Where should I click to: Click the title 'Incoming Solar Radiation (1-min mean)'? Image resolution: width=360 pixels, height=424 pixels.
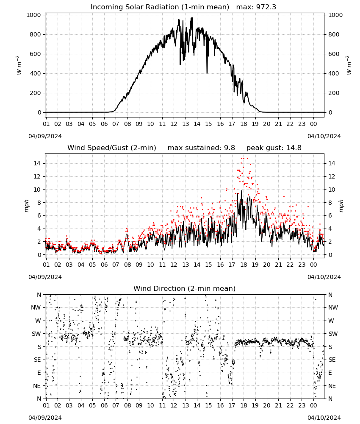point(160,7)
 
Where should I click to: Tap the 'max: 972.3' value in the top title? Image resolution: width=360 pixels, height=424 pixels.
point(256,7)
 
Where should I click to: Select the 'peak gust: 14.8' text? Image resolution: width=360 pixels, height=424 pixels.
point(274,148)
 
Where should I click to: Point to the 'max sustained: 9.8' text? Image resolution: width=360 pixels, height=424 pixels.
point(201,148)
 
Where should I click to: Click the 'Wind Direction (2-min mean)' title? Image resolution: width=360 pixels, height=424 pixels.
point(185,288)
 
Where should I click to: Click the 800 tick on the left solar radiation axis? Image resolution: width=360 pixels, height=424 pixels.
point(36,34)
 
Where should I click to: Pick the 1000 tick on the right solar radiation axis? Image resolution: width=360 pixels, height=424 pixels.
point(335,15)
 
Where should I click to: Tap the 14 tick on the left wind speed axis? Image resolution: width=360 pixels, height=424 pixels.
point(37,163)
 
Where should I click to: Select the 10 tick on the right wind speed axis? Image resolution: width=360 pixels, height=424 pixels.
point(332,190)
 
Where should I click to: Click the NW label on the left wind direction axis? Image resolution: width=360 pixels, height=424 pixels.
point(36,308)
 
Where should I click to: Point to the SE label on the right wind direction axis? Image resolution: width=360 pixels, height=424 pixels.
point(332,360)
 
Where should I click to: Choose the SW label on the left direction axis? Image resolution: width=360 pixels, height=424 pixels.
point(36,334)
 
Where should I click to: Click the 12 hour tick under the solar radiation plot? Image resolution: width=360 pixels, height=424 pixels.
point(174,124)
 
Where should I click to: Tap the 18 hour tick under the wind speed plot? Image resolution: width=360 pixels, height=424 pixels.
point(244,265)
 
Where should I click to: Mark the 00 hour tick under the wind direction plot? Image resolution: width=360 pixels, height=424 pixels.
point(313,405)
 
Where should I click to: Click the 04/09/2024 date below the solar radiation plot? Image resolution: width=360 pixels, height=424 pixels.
point(45,136)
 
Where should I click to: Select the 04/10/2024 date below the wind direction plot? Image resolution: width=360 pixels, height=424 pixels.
point(324,418)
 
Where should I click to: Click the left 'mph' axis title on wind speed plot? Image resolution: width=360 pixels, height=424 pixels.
point(26,206)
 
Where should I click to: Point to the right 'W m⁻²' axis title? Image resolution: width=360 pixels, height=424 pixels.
point(349,65)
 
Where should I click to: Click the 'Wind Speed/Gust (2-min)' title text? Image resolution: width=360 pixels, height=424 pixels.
point(112,148)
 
